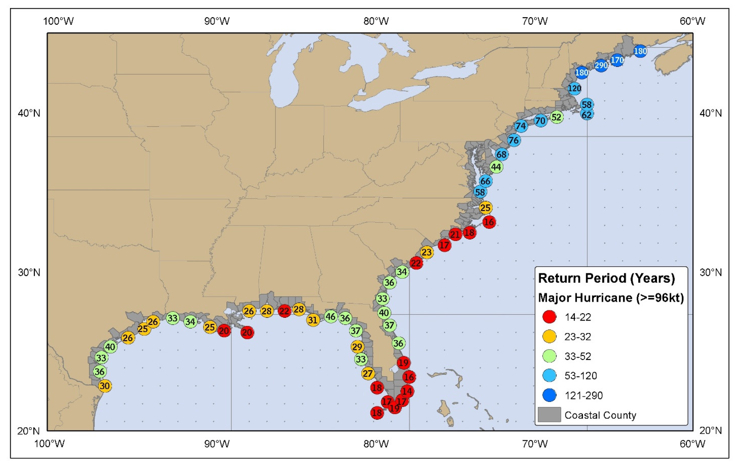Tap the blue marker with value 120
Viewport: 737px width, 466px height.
574,88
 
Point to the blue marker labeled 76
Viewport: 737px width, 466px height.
514,140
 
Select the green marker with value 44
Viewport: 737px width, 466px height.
496,167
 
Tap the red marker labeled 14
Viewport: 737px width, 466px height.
407,391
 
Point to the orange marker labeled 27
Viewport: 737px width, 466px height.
368,373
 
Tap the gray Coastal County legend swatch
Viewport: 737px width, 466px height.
549,415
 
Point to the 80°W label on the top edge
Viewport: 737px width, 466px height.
376,21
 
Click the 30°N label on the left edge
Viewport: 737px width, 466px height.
29,272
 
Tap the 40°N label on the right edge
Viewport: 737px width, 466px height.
710,113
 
